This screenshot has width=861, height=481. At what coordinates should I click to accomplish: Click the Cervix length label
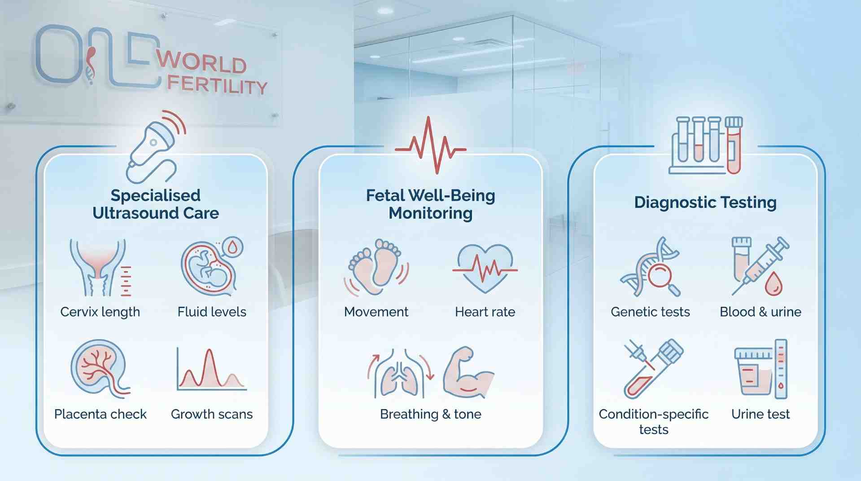(x=100, y=312)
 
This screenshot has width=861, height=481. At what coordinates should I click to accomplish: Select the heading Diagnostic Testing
(x=705, y=202)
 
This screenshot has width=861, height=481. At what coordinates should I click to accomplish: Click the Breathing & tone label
(x=430, y=414)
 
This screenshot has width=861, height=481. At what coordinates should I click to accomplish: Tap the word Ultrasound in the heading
(x=135, y=213)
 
